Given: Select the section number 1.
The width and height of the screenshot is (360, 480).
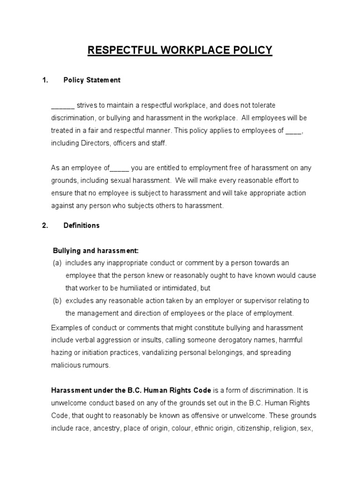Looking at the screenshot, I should pos(45,80).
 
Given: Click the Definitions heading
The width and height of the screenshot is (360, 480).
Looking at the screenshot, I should pos(82,225).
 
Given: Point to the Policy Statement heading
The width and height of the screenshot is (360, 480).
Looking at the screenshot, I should pos(92,80).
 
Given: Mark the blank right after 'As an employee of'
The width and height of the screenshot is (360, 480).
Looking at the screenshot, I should pos(120,168).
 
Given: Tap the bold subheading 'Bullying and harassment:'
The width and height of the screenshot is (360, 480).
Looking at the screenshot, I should pos(96,251).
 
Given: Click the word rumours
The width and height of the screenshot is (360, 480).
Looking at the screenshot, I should pos(96,365).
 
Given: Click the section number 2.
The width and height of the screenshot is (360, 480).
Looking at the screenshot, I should pos(45,225).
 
